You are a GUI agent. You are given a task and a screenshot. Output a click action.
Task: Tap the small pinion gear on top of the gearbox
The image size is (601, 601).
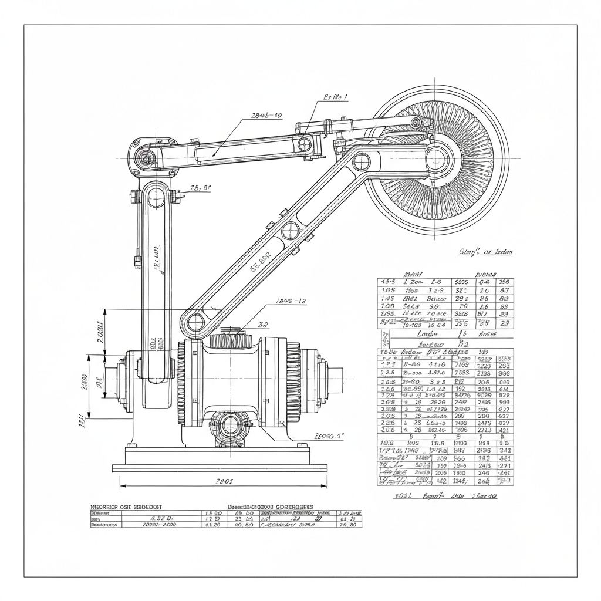pos(230,340)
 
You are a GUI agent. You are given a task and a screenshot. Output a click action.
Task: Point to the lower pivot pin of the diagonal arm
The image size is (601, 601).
pos(195,321)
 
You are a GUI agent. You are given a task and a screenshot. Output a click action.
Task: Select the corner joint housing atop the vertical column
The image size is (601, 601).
pos(146,157)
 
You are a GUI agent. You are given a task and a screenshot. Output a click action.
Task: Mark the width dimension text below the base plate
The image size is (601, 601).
pos(224,481)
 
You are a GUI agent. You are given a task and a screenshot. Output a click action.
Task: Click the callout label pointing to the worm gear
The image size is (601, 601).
pos(329,436)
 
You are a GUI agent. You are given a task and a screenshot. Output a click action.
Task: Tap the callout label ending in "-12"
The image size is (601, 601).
pos(291,301)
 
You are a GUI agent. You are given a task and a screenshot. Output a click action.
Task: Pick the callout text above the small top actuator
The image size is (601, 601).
pos(335,97)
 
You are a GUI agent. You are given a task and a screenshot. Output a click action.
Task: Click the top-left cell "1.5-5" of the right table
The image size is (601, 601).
pos(388,282)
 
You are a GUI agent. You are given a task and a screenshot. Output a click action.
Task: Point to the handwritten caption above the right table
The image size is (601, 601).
pos(485,252)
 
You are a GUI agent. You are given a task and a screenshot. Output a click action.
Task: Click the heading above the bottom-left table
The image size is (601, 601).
pos(126,506)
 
